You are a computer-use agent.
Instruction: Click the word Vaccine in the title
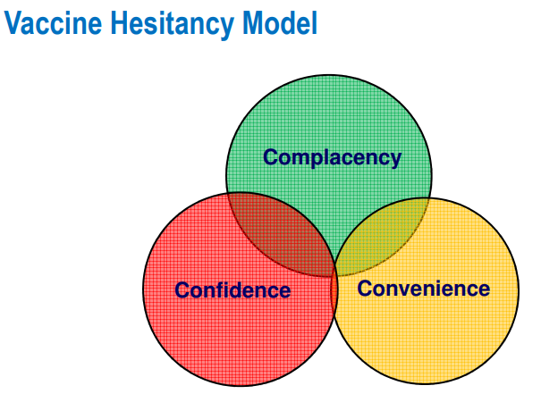pos(53,22)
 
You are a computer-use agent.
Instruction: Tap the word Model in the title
pos(280,22)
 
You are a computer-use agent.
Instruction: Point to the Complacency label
pos(332,158)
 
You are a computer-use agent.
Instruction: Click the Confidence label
pos(232,289)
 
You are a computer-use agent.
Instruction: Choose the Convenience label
pos(423,289)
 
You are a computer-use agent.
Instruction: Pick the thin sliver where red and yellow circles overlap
pos(334,289)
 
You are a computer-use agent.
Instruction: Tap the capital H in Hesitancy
pos(120,23)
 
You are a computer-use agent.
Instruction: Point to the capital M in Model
pos(254,23)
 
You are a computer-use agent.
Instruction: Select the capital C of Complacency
pos(271,157)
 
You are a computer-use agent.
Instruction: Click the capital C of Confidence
pos(182,289)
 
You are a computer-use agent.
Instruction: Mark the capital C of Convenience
pos(365,289)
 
